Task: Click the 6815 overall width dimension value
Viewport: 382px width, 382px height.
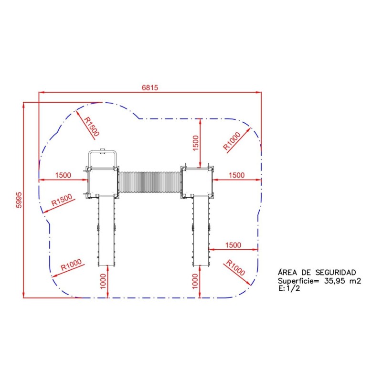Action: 149,87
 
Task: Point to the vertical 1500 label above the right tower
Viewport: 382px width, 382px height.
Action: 195,143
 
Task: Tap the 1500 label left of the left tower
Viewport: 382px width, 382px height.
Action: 63,175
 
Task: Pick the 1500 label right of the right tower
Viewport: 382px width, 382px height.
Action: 237,175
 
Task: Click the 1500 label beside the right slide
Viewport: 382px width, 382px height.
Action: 233,245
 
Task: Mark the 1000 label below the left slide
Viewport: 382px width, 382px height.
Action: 104,281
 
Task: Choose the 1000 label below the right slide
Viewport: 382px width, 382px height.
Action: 195,281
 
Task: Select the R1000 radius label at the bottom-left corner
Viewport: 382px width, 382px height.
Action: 71,265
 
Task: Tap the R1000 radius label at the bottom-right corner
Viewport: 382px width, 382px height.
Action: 235,268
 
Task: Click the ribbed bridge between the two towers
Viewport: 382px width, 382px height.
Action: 149,183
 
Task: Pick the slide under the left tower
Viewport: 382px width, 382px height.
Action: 106,231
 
